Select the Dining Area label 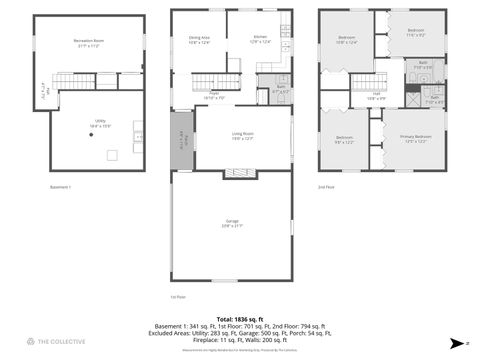click(200, 40)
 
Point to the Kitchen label click(260, 40)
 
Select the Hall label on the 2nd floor click(377, 97)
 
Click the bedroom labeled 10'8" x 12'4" click(347, 40)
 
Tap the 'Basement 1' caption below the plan click(62, 187)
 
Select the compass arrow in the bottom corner click(455, 342)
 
